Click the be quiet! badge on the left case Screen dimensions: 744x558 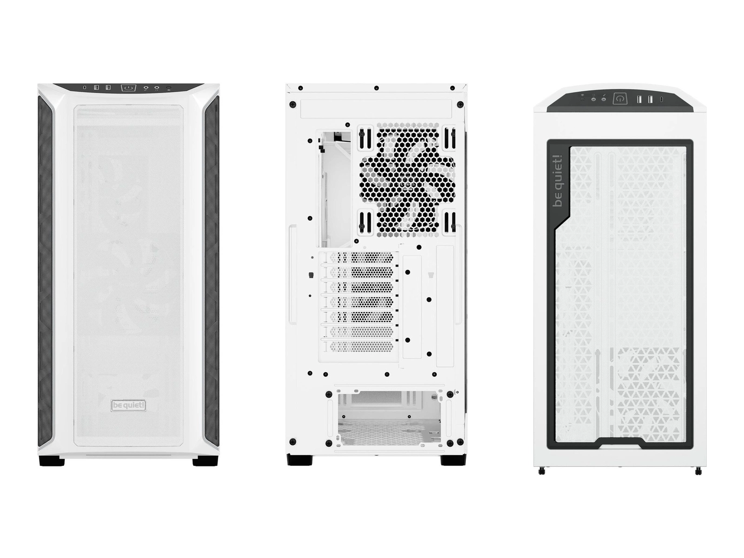point(128,405)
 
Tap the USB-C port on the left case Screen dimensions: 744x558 point(85,88)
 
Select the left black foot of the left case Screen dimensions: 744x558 point(52,461)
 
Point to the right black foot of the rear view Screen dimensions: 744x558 point(453,460)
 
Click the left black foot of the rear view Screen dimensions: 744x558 point(299,460)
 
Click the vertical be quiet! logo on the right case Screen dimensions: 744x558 point(558,180)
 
